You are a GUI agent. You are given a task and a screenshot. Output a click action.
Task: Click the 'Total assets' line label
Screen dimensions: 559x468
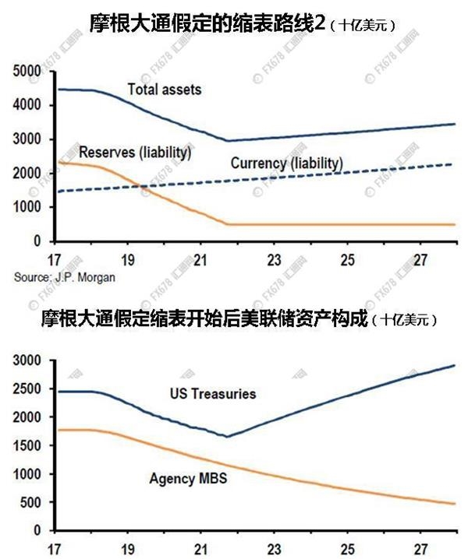(x=164, y=90)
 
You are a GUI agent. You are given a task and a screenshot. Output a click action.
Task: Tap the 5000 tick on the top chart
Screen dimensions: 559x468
(x=30, y=71)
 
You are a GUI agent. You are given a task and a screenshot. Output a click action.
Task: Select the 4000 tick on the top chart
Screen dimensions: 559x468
(x=30, y=105)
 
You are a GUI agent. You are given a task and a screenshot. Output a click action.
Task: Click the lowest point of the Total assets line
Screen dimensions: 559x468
(x=226, y=141)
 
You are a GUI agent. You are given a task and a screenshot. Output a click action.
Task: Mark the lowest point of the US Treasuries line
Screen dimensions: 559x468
(x=226, y=437)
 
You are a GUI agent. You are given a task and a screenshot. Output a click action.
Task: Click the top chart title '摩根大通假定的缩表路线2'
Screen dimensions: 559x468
(x=207, y=23)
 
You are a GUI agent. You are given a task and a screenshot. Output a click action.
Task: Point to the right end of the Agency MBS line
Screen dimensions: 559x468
(x=455, y=504)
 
